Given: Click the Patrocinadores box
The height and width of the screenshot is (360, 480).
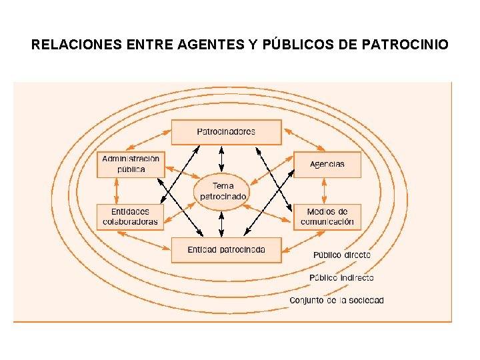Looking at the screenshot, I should tap(226, 132).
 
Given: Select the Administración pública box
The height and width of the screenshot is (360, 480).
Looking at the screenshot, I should tap(131, 164).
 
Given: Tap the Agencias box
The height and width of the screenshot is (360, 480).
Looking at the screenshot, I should tap(327, 164).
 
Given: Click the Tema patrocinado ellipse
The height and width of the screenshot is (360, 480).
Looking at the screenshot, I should tap(223, 191).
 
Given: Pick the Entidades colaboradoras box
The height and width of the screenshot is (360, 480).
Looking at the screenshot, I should tap(131, 217).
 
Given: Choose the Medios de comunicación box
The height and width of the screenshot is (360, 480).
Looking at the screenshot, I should tap(327, 217).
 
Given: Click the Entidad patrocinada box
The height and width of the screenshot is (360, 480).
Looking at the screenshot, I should tap(226, 250).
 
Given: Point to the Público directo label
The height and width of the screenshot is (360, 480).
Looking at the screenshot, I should tap(342, 255).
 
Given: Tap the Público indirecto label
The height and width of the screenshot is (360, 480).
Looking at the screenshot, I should tap(341, 277).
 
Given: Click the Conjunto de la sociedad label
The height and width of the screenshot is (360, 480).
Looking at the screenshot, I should tap(337, 301).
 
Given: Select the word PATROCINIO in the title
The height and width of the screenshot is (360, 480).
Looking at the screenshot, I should tap(405, 45).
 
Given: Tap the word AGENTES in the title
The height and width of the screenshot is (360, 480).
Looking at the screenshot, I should tap(206, 45).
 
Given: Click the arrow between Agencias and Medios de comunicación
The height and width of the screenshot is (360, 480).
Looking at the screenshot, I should tap(325, 191).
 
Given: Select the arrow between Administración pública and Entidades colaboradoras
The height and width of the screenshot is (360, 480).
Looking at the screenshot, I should tap(116, 191).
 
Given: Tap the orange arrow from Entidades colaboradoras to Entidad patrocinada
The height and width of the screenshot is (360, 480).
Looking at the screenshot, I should tap(143, 241).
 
